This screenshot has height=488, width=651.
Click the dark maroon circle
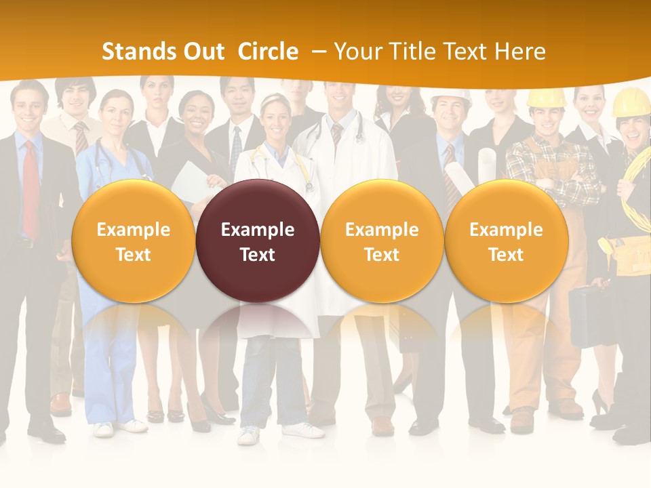point(258,241)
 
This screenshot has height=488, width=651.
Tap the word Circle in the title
point(268,52)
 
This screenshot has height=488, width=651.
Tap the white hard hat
point(451,97)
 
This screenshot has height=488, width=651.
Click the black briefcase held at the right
point(585,315)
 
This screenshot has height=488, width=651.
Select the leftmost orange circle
point(133,241)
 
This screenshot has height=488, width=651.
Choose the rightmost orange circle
point(506,241)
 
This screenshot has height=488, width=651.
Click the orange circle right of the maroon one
point(382,241)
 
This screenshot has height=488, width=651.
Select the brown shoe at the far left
point(61,405)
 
